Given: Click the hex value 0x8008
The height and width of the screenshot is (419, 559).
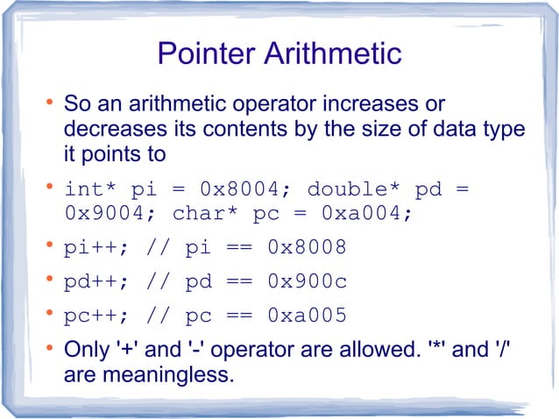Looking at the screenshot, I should [307, 248].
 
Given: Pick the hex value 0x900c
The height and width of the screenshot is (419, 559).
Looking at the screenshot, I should [307, 282].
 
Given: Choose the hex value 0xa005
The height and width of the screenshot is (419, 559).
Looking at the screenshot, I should [307, 316].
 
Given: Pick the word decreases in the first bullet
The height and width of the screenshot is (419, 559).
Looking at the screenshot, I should [108, 130].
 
